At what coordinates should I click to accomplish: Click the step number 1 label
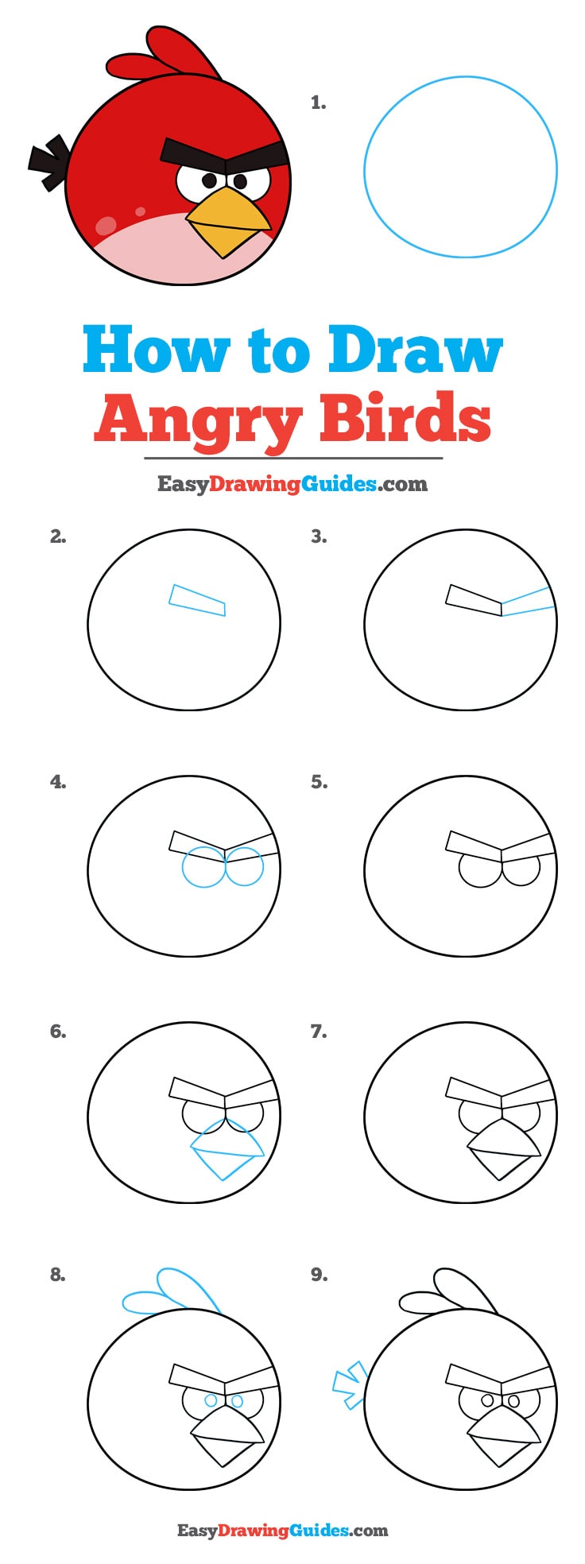[x=319, y=103]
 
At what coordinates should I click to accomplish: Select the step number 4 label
[x=58, y=782]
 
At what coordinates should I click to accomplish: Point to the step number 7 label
[x=319, y=1032]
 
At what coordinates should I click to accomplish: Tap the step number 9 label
[x=319, y=1275]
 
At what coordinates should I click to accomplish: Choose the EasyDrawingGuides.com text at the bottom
[x=283, y=1530]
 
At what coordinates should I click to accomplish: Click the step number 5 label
[x=319, y=782]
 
